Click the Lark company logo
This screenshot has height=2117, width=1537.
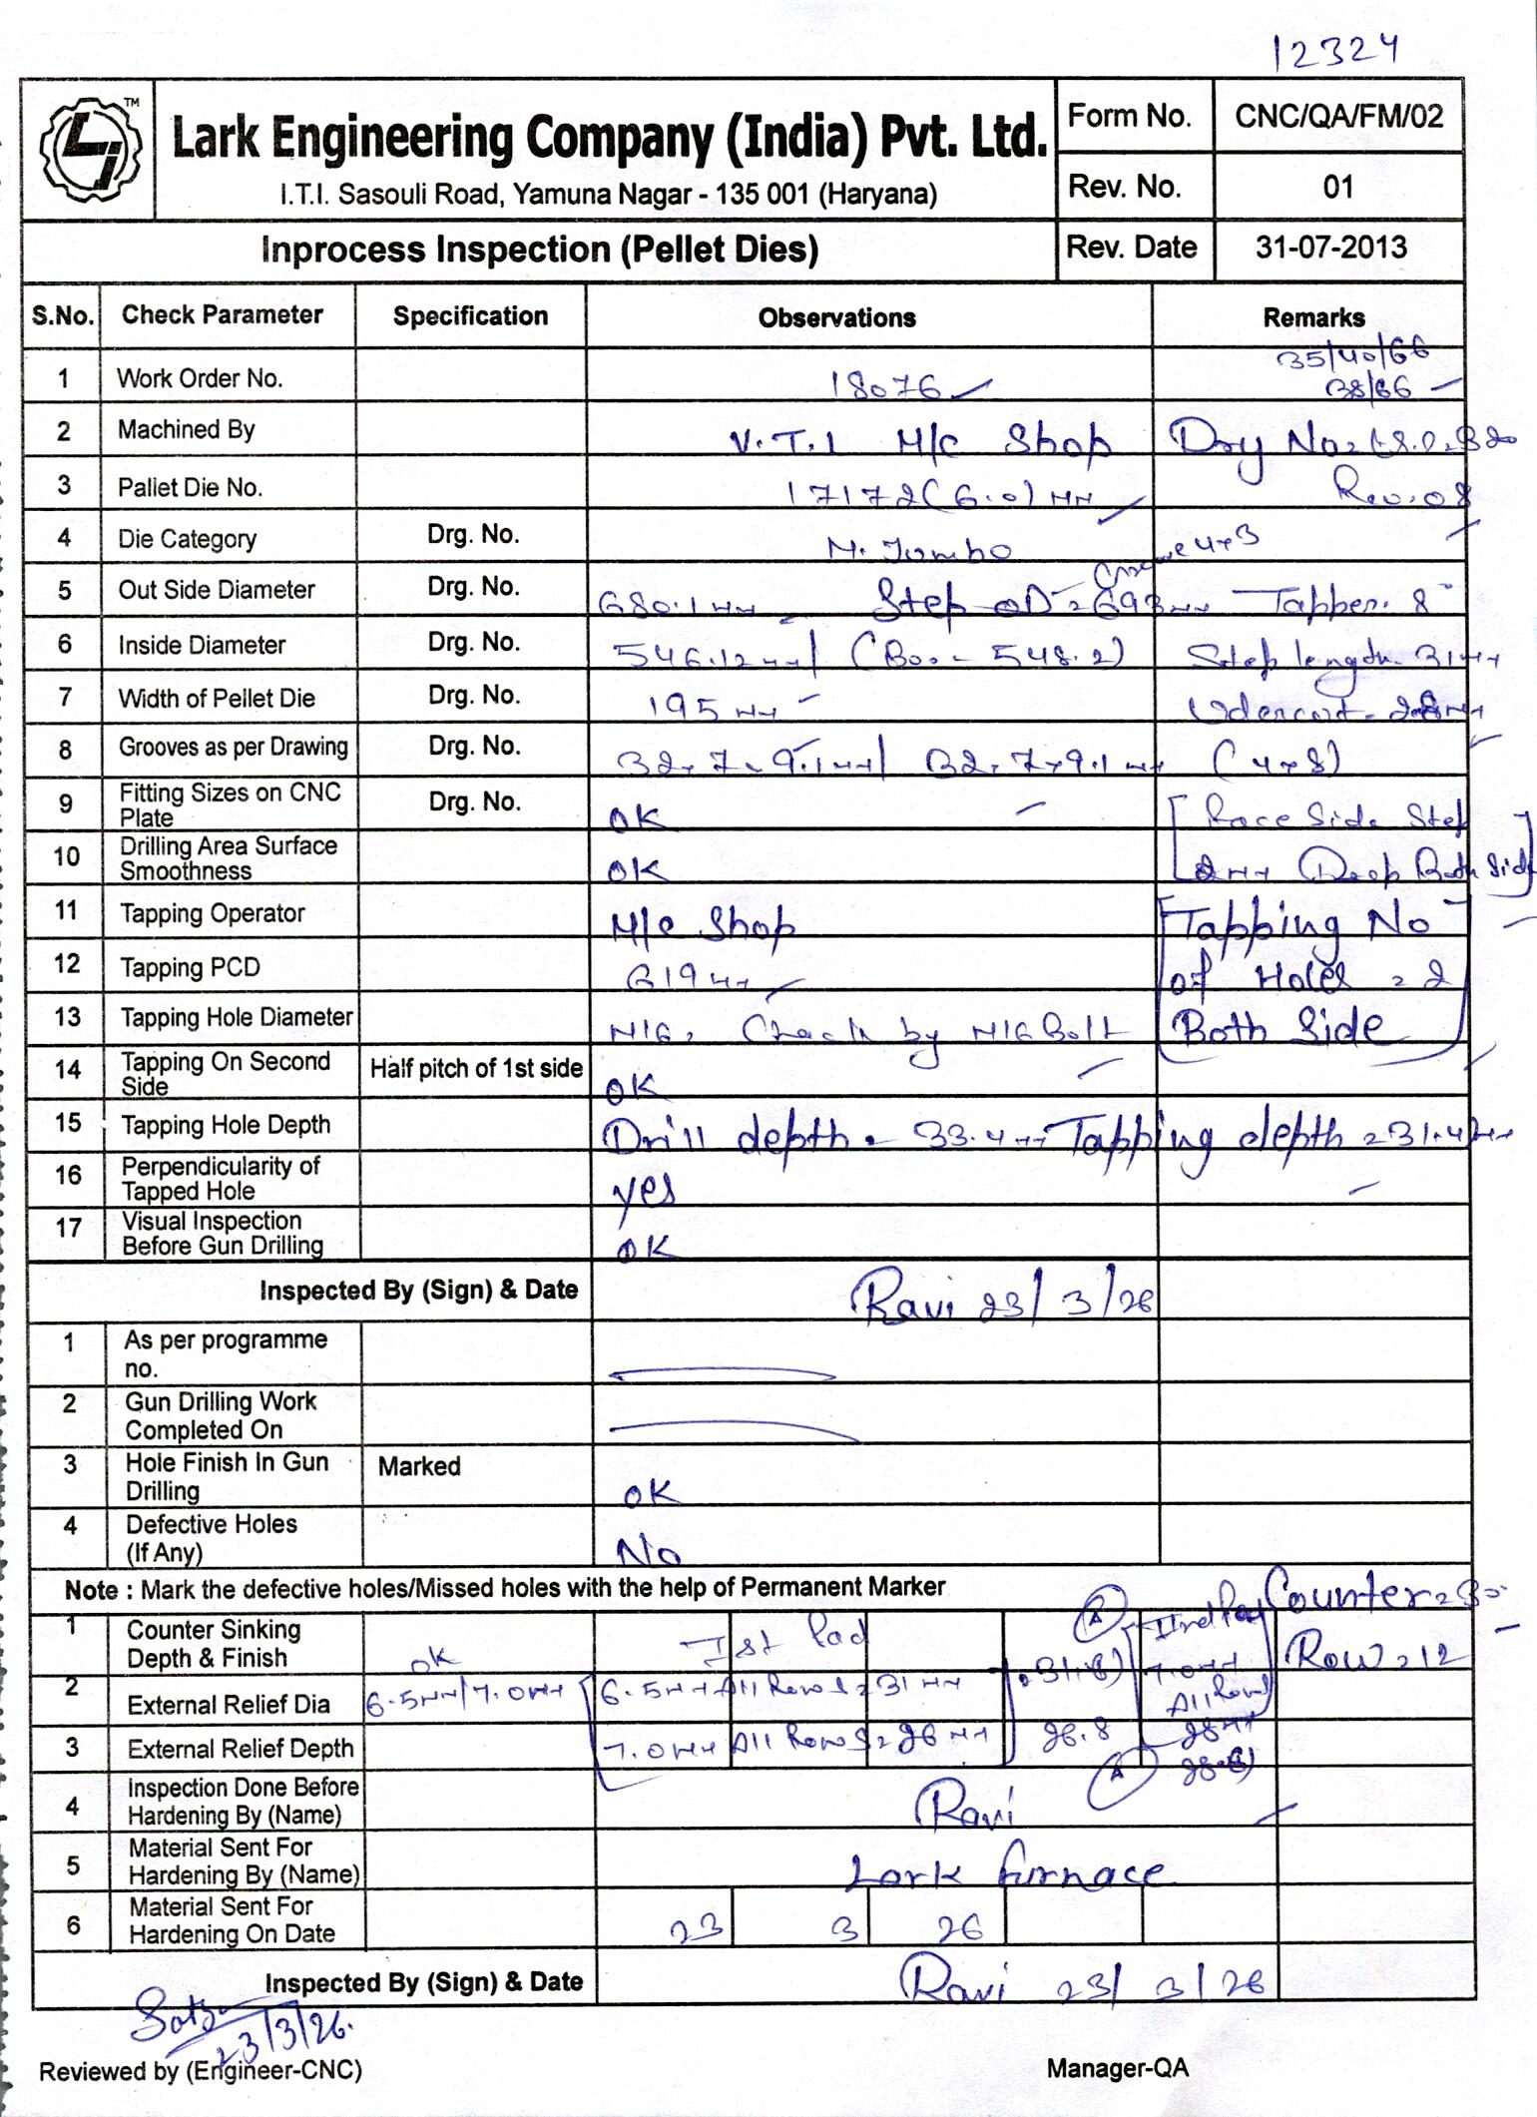click(89, 150)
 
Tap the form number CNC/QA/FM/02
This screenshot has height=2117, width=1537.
click(1338, 117)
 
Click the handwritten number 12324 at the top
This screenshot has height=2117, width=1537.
click(1335, 50)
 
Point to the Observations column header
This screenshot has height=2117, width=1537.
click(836, 317)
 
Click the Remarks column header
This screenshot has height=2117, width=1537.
click(1313, 317)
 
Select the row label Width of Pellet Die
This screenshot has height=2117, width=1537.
click(217, 698)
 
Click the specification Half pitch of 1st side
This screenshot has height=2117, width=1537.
click(475, 1068)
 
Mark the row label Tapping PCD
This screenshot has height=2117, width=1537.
click(190, 967)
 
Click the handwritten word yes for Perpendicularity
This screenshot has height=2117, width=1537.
click(644, 1190)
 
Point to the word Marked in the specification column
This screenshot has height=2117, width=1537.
click(418, 1466)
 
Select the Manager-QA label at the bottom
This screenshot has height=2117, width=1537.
click(1117, 2068)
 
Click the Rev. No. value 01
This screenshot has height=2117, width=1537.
click(1337, 187)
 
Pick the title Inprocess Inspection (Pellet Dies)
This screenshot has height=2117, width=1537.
click(539, 249)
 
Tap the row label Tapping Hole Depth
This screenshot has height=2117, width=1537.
click(226, 1125)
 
